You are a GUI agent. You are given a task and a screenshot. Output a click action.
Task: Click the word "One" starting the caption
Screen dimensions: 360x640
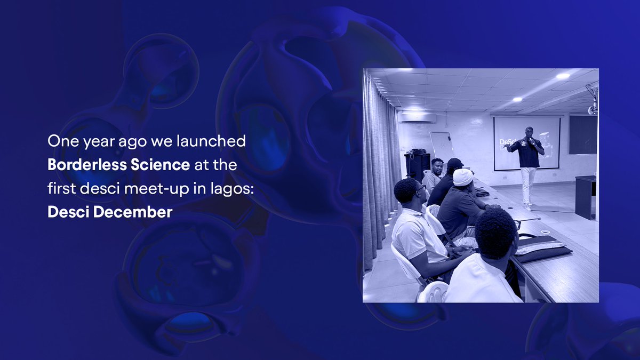click(61, 141)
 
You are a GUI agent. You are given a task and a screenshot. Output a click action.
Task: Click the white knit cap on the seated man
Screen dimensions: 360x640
click(463, 177)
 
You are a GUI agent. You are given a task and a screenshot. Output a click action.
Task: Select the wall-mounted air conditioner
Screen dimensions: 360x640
click(417, 117)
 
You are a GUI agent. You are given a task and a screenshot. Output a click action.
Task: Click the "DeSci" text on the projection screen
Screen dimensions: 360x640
click(506, 142)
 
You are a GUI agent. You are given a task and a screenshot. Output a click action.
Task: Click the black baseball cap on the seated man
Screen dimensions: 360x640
click(455, 163)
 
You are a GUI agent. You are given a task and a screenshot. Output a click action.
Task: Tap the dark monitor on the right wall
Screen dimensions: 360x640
click(582, 134)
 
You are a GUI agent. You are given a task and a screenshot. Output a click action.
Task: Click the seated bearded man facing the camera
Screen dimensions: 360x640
click(435, 173)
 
